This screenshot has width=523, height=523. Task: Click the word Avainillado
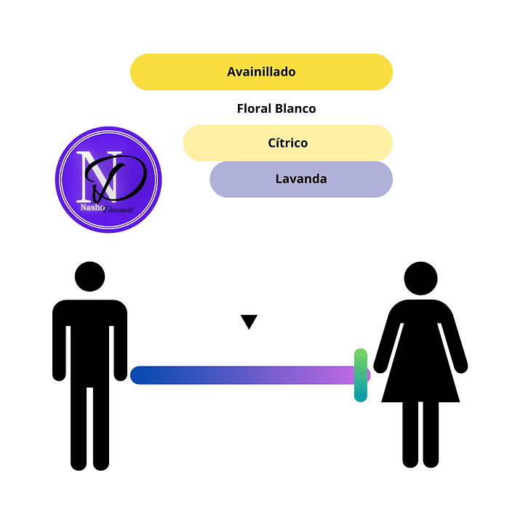(x=261, y=72)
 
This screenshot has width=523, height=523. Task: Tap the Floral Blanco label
(x=276, y=108)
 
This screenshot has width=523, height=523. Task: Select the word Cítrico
(x=288, y=143)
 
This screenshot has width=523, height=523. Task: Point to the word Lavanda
(x=301, y=178)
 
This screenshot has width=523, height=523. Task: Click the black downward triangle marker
(x=249, y=322)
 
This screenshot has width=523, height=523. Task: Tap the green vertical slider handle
(x=360, y=375)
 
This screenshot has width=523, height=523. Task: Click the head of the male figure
(x=90, y=277)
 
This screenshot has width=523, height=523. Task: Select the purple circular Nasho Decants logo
(x=108, y=180)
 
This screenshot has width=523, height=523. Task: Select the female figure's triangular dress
(x=420, y=364)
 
